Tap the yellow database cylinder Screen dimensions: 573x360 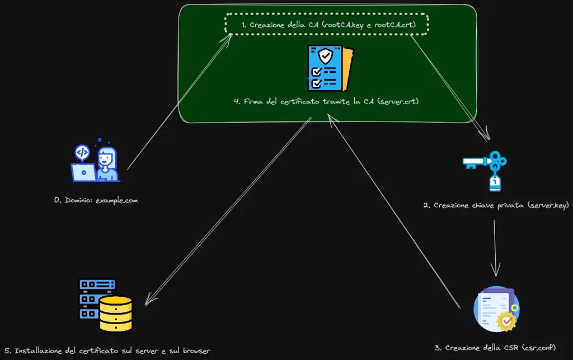click(x=116, y=314)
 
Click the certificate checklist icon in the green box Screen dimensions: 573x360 click(x=330, y=68)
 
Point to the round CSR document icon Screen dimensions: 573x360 click(x=497, y=309)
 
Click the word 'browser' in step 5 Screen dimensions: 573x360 click(x=196, y=351)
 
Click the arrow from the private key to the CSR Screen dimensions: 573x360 click(x=495, y=248)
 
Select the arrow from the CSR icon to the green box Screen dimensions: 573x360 click(x=394, y=211)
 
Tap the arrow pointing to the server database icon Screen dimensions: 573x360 click(x=228, y=211)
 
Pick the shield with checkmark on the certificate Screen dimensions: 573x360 click(x=325, y=56)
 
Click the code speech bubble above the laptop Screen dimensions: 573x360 click(x=82, y=153)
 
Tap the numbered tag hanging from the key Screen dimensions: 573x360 click(x=495, y=183)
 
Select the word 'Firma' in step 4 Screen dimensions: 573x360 click(x=253, y=101)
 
